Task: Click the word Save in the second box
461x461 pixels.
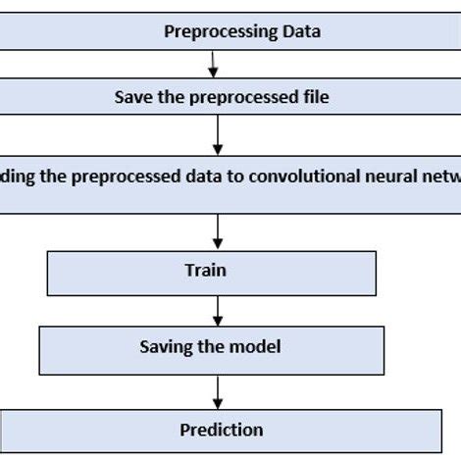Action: (x=131, y=97)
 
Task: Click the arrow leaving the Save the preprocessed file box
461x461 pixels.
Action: (x=218, y=132)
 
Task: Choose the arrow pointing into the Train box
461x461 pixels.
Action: (x=218, y=231)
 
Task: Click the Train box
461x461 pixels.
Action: (x=211, y=273)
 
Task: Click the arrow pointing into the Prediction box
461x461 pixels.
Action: (x=218, y=392)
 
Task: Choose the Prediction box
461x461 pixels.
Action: (x=221, y=430)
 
